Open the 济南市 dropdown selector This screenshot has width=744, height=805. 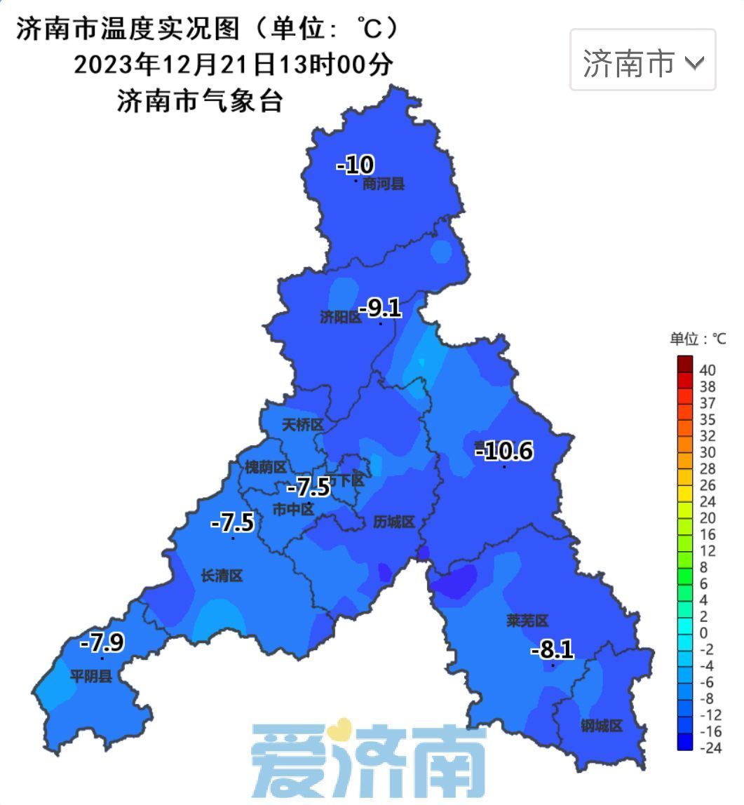642,60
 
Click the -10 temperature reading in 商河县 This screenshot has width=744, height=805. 356,165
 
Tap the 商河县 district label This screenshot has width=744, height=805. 384,184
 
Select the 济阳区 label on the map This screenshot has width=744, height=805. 340,318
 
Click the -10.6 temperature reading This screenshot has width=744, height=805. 504,451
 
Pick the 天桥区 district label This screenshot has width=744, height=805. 302,425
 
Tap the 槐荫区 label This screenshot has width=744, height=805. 266,467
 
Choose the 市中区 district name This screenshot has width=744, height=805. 293,510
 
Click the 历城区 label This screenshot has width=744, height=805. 394,522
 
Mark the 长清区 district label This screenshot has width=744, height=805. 222,576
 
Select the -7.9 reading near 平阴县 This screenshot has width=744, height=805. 102,642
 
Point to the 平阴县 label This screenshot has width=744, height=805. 90,677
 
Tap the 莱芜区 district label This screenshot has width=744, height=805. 527,621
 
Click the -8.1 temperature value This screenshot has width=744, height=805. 552,650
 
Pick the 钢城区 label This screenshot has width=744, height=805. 601,726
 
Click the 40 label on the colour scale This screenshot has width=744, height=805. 707,370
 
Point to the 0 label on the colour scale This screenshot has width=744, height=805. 704,633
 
